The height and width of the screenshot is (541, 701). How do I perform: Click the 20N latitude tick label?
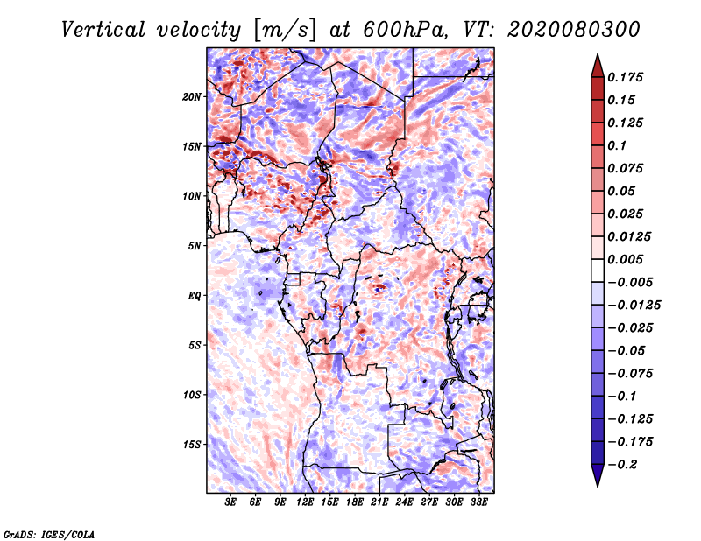(192, 96)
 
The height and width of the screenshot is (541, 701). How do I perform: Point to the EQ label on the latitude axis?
(195, 296)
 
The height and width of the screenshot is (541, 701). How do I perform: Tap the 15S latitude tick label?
(192, 445)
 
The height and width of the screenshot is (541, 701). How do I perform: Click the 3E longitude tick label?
(231, 503)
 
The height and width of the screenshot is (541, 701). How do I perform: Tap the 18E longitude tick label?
(355, 503)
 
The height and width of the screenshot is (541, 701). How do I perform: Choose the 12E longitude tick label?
(306, 503)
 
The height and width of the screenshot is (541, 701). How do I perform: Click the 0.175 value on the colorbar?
(626, 77)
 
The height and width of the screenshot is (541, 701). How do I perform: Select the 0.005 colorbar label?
(626, 259)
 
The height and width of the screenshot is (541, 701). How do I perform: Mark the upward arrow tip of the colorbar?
(597, 56)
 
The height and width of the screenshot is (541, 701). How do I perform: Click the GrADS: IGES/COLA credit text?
(48, 533)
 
